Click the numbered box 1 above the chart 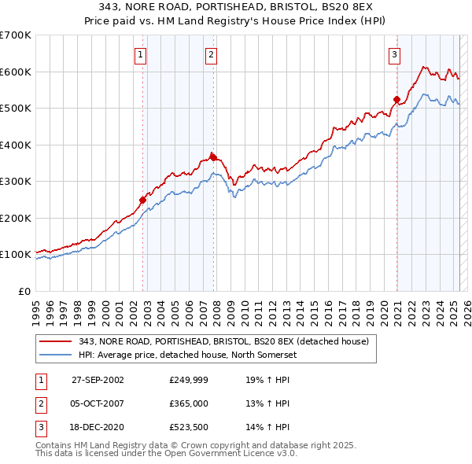[140, 55]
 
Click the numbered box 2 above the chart [212, 55]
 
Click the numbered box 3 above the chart [394, 55]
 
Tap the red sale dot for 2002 [143, 200]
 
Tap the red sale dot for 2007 [213, 157]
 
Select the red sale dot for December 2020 [397, 100]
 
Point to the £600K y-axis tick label [16, 72]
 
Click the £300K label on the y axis [16, 182]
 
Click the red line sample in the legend [55, 341]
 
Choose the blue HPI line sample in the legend [55, 355]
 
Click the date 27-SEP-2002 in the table [98, 379]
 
